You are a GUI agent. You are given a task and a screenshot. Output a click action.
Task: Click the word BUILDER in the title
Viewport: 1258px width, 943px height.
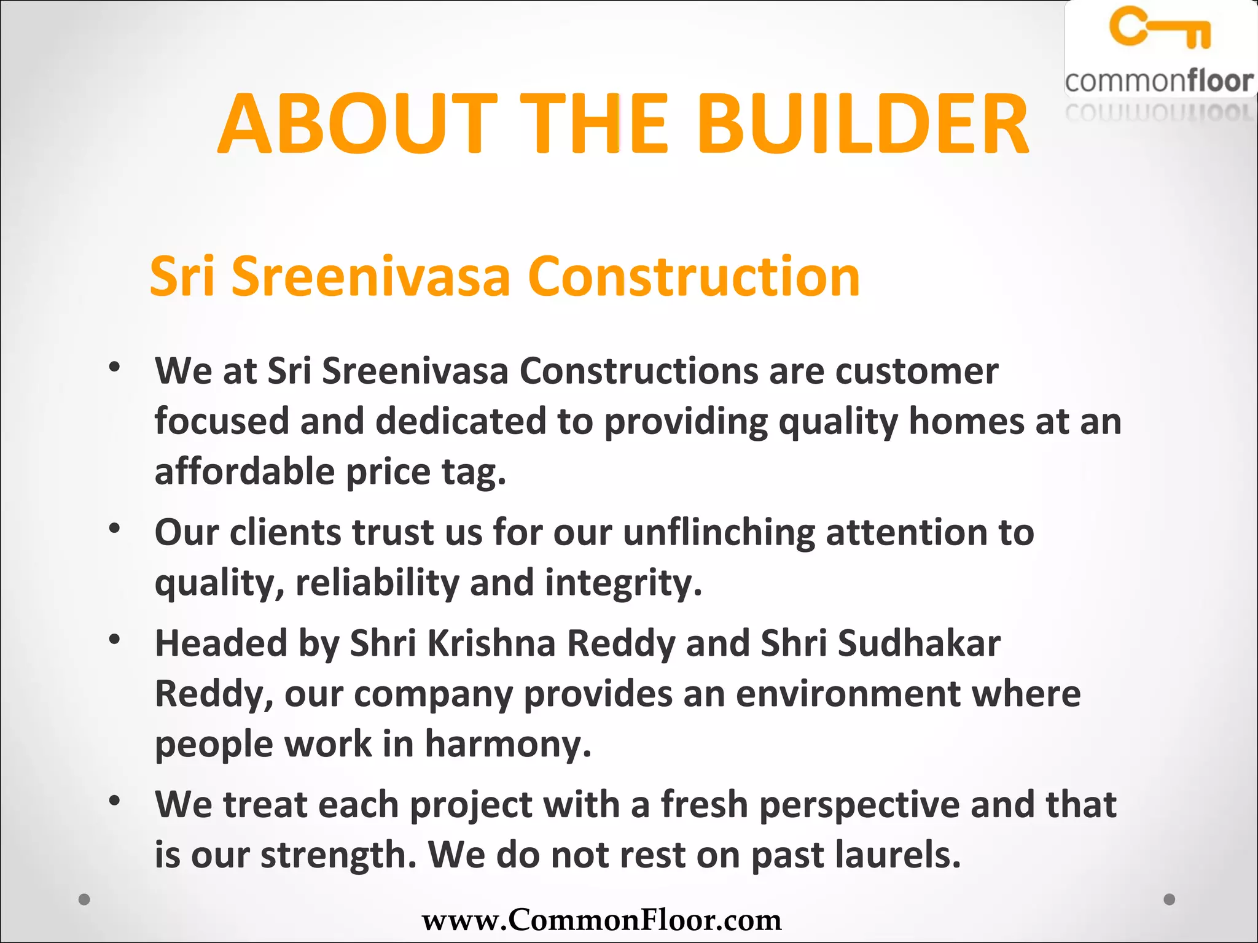pos(862,123)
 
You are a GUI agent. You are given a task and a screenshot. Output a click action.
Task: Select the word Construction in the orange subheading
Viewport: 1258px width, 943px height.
pos(693,277)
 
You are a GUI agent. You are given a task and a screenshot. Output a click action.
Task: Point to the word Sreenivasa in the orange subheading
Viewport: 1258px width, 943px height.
pos(371,277)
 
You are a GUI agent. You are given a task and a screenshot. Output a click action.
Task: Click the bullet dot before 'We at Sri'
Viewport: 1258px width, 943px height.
pos(114,367)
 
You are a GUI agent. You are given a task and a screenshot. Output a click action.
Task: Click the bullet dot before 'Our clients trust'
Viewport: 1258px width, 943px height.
pos(114,528)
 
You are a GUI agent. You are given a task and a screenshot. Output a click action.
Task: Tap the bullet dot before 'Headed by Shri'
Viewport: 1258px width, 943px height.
pos(114,640)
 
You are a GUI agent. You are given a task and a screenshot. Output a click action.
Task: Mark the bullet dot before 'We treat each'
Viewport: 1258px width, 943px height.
pos(114,801)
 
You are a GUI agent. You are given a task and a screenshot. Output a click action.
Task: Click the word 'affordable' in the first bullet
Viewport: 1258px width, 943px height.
pos(244,471)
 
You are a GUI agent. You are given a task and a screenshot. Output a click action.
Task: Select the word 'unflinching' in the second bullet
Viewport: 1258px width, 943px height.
pos(719,533)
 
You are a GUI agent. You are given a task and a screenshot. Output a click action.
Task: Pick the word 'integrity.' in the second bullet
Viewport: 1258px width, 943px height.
pos(623,583)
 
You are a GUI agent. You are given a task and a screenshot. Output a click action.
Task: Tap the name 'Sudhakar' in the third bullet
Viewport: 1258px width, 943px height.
pos(919,643)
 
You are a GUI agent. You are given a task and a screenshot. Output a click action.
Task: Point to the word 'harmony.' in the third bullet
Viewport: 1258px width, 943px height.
pos(508,744)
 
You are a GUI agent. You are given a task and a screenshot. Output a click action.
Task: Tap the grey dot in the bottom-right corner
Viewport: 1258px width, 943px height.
pos(1170,899)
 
